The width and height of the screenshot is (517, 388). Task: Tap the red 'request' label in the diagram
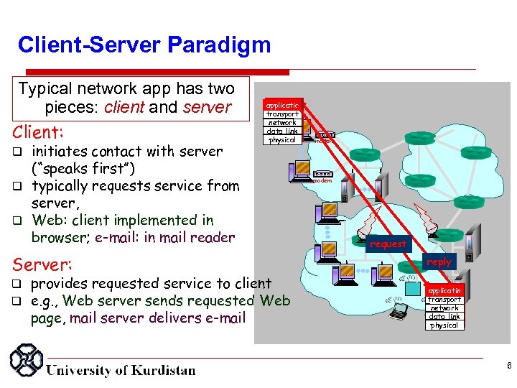388,244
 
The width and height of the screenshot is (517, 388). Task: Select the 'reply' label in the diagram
439,262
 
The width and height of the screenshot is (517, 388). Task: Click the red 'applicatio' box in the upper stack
282,105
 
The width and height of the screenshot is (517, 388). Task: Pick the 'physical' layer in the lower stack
443,325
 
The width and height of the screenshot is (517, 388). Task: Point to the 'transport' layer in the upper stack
282,114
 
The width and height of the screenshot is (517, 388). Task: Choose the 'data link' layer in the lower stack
443,317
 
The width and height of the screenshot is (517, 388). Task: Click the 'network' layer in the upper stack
282,123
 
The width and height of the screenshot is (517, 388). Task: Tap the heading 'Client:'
37,132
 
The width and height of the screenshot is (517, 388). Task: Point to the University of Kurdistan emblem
26,363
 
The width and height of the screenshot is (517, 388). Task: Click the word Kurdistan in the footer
160,371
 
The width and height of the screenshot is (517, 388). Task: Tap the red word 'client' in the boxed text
125,108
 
